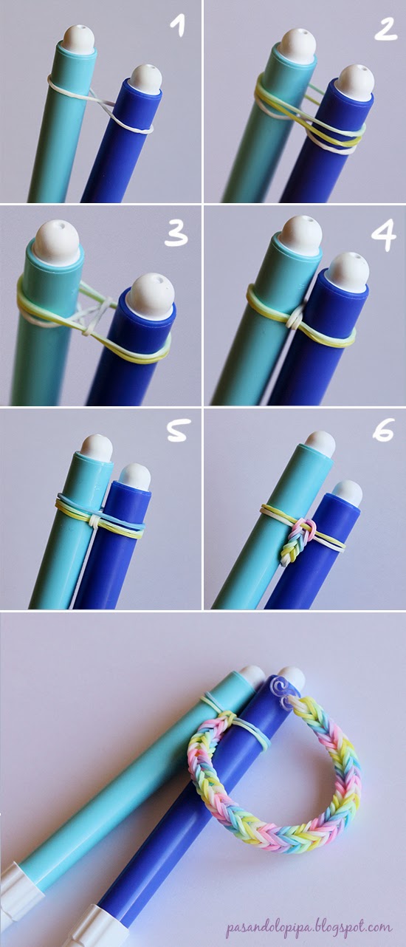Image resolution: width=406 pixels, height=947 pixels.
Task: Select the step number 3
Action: click(175, 234)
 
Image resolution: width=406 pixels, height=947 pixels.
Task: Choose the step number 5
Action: click(176, 431)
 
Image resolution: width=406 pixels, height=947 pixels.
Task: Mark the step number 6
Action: click(383, 431)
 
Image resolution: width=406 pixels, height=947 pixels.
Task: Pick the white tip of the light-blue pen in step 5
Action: click(96, 447)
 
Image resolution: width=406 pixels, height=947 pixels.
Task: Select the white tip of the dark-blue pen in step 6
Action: click(347, 490)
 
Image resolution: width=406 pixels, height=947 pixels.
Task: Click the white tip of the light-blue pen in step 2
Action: click(298, 42)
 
